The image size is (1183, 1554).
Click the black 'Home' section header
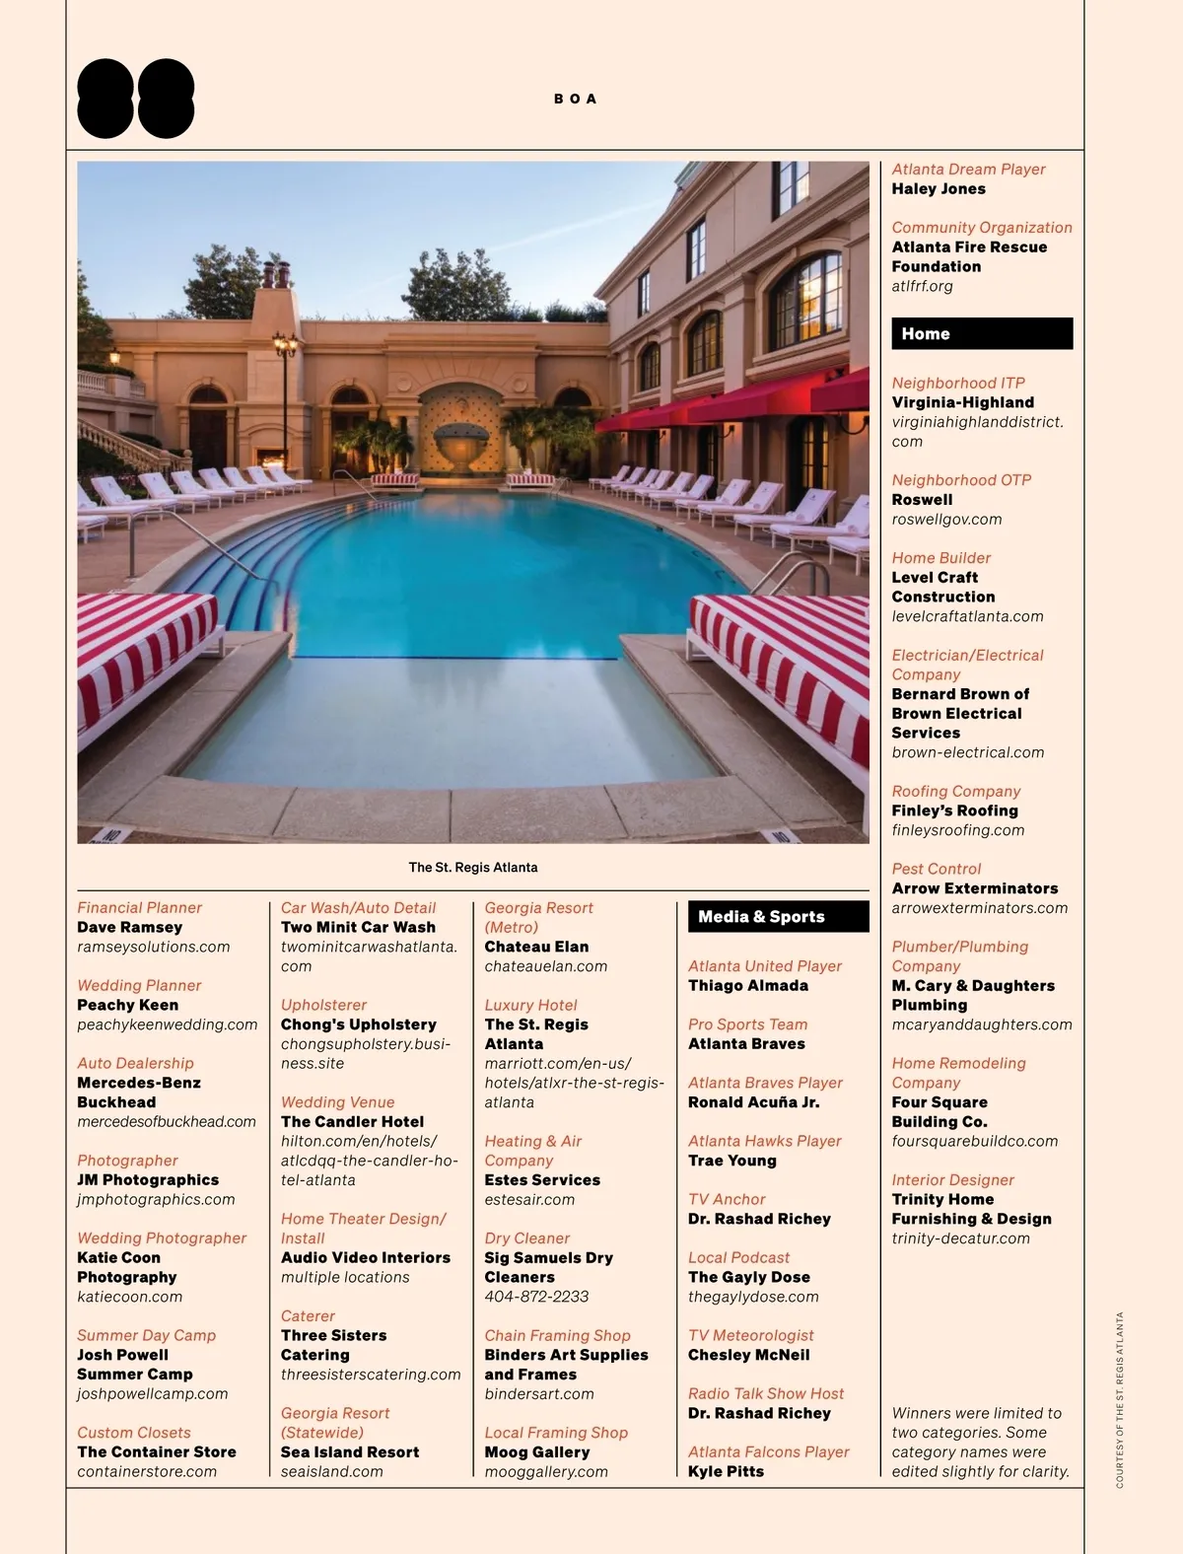coord(981,333)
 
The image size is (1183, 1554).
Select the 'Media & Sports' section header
coord(778,916)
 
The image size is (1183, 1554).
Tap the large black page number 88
coord(136,99)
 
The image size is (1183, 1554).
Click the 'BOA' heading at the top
coord(575,99)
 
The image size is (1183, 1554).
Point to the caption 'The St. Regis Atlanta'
coord(473,868)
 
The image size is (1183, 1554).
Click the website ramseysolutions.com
coord(153,947)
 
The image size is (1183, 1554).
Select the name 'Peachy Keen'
coord(127,1005)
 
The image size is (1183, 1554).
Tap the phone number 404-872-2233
coord(536,1297)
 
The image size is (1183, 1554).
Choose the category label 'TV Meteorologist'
coord(750,1335)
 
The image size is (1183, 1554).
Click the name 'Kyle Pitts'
coord(726,1471)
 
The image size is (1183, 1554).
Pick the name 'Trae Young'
coord(731,1161)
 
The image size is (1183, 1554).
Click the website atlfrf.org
coord(922,286)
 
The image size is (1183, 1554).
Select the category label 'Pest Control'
coord(936,869)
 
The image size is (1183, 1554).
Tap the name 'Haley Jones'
coord(939,188)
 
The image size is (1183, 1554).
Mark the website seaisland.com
coord(331,1471)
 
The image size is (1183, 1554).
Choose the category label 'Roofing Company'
coord(955,791)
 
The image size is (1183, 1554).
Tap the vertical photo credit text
coord(1120,1399)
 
